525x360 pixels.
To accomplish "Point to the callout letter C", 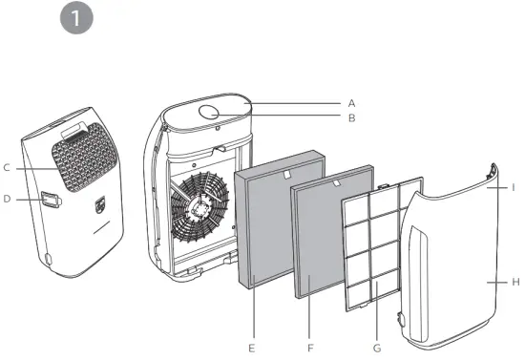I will coord(7,168).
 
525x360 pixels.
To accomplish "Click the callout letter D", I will coord(7,200).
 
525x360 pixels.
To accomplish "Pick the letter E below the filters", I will coord(251,349).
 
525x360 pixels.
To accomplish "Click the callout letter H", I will coord(514,283).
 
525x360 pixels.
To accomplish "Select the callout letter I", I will coord(514,188).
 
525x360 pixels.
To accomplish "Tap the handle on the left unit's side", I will coord(50,200).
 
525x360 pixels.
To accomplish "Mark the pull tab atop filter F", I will coord(336,180).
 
